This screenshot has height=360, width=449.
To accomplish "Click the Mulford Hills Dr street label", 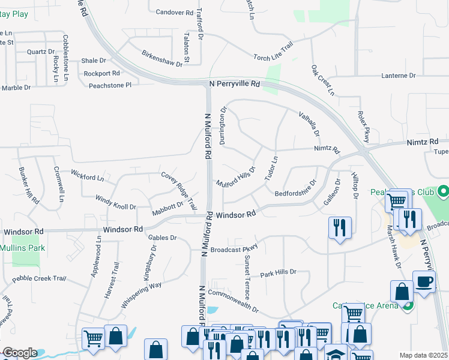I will point(236,177).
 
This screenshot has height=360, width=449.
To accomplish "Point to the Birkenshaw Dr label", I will point(162,59).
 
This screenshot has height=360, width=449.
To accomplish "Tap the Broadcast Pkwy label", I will point(234,249).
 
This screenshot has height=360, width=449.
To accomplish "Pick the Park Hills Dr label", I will point(279,272).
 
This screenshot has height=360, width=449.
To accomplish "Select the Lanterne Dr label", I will point(399,76).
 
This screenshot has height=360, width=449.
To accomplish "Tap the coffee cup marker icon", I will point(424,281).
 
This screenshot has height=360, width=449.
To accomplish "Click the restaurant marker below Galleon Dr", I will point(340,227).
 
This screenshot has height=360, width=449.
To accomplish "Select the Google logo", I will point(19,353).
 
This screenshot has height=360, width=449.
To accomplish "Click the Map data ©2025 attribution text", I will point(424,355).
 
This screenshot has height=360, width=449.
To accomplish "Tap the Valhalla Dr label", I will point(310,124).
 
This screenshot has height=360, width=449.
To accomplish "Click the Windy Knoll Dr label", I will point(116,202).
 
